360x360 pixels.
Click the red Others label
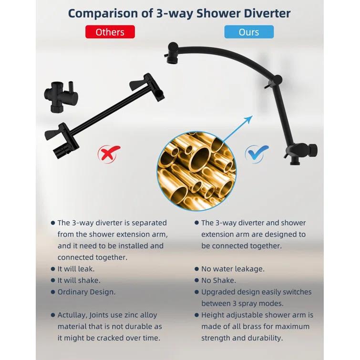point(110,32)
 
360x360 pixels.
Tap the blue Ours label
point(249,32)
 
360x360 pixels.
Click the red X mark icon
point(109,154)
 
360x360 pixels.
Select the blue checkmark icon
point(257,154)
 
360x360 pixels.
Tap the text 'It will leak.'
point(76,269)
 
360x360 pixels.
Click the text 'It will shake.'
point(79,280)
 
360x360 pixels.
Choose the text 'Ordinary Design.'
point(86,292)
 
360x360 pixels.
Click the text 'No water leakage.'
point(232,269)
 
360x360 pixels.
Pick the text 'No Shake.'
point(218,280)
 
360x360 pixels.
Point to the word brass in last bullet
point(259,327)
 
